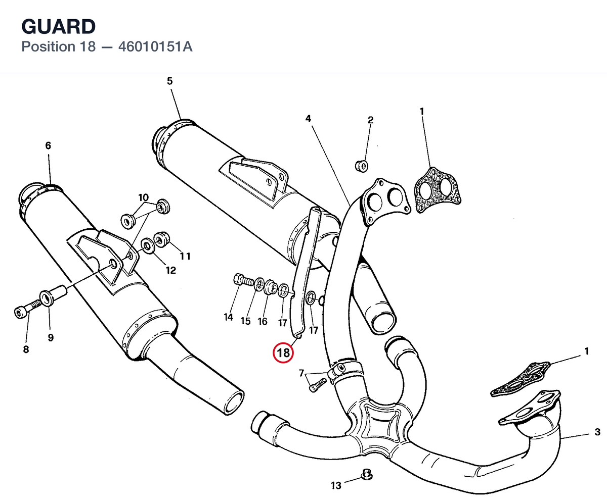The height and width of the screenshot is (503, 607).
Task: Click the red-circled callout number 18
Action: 283,353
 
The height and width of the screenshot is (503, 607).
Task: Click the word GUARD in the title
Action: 59,27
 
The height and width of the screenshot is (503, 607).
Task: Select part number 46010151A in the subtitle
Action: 155,47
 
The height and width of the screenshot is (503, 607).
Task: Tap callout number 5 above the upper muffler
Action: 170,81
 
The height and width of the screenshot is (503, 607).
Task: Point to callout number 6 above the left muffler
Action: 48,145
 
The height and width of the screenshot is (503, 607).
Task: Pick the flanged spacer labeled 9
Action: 53,295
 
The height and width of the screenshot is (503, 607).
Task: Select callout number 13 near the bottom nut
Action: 336,485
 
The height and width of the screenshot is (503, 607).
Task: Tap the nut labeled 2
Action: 362,166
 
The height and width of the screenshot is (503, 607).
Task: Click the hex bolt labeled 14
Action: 244,280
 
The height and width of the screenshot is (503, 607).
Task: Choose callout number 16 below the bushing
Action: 263,321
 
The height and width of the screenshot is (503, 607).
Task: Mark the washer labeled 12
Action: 148,246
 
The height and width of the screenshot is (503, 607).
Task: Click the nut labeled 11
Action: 161,240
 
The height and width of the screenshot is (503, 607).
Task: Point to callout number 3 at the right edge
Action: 597,432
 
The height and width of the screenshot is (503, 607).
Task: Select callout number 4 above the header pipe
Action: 308,118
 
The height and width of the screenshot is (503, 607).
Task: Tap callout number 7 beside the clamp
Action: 301,373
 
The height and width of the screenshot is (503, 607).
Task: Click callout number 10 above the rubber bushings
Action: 143,197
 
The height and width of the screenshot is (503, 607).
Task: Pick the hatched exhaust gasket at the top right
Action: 438,190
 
